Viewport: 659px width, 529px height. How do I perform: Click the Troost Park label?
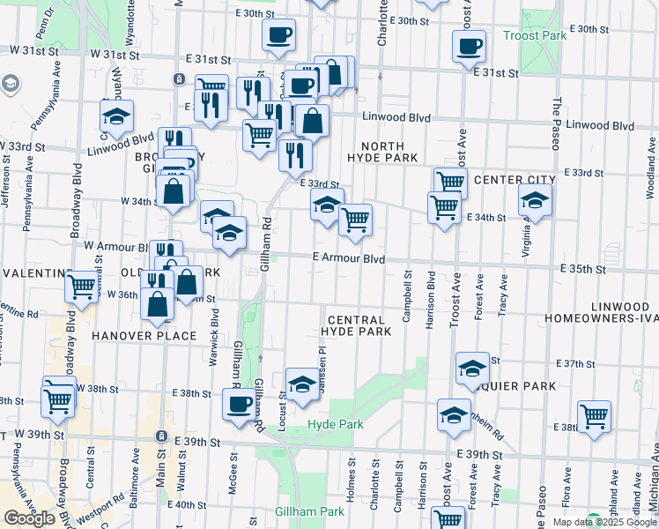[x=535, y=35]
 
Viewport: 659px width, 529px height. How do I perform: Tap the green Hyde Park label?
[x=336, y=425]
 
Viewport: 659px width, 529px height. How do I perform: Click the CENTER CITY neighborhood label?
[x=515, y=180]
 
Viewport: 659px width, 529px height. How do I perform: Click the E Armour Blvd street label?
[x=349, y=258]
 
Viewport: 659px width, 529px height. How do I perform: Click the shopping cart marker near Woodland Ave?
[x=594, y=415]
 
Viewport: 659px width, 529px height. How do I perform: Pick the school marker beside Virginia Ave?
[x=534, y=200]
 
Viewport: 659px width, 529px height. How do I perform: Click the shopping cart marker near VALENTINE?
[x=81, y=286]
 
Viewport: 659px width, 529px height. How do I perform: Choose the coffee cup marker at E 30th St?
[x=278, y=34]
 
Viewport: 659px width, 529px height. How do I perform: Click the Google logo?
[x=29, y=518]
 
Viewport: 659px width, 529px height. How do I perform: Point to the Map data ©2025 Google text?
[x=603, y=522]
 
